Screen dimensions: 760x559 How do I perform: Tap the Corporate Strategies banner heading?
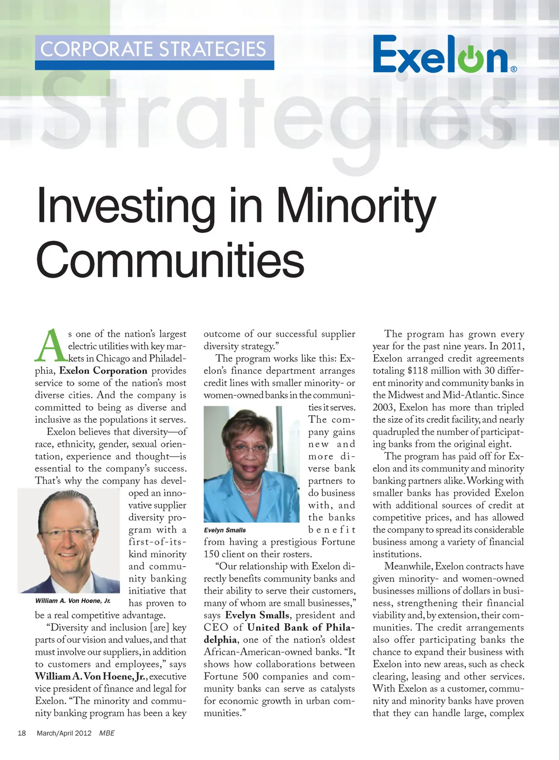[x=153, y=49]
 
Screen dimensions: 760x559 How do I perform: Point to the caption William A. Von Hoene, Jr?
[x=73, y=601]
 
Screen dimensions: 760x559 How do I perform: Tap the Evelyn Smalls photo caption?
[x=225, y=530]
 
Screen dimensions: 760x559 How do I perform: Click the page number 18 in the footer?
[x=22, y=733]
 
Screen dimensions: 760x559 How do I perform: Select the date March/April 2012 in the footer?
[x=64, y=733]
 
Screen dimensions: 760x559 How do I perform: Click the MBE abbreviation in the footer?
[x=107, y=733]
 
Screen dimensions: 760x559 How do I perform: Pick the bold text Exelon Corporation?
[x=103, y=371]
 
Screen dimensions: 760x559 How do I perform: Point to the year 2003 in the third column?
[x=383, y=407]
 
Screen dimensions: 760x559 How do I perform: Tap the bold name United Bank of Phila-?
[x=301, y=628]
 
